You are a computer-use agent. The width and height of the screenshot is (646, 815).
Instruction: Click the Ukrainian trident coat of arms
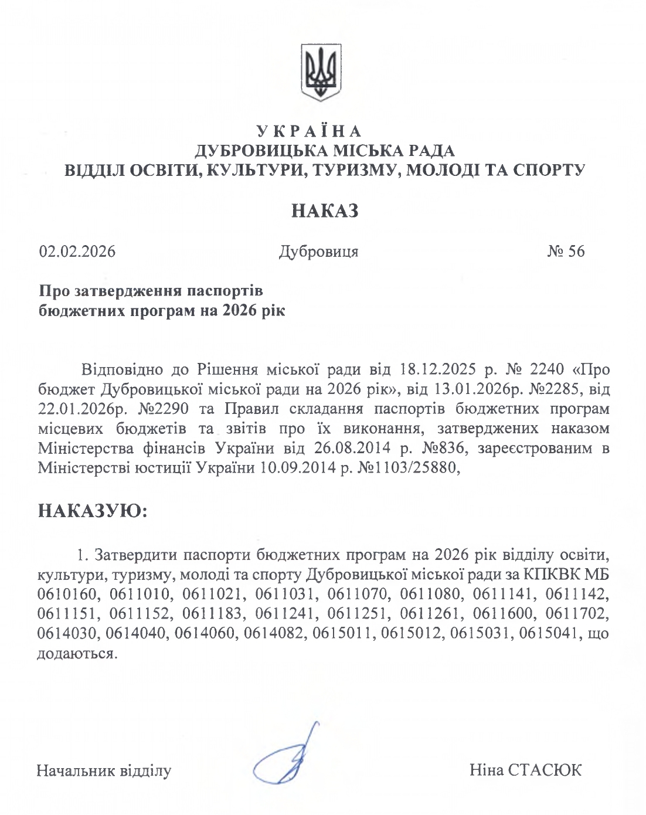tap(321, 71)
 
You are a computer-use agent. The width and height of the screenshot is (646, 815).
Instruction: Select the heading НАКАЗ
tap(324, 211)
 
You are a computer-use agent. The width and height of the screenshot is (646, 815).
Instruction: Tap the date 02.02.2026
tap(77, 252)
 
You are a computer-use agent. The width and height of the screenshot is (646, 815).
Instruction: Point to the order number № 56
tap(566, 252)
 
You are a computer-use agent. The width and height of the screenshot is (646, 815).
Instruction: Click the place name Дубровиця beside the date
tap(319, 252)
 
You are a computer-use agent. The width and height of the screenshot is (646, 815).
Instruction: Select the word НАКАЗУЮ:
tap(92, 511)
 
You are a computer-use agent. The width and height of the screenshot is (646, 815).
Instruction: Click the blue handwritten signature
tap(290, 759)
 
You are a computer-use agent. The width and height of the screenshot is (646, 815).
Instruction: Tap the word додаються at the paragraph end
tap(75, 654)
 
